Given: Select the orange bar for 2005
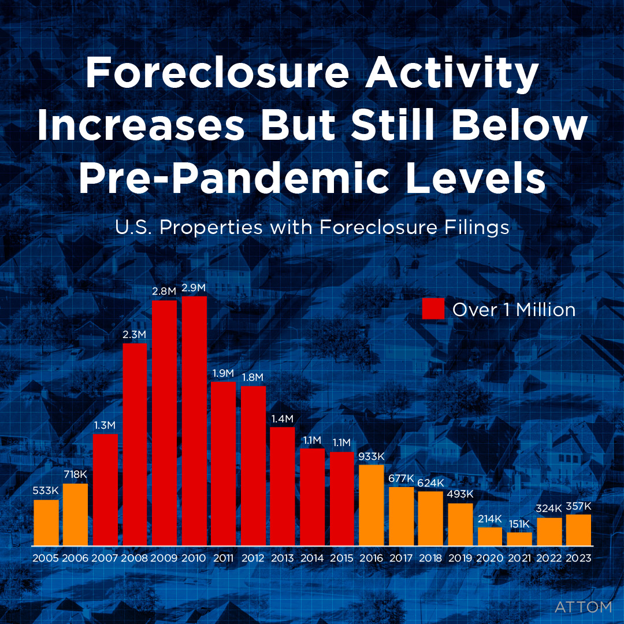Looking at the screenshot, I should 46,522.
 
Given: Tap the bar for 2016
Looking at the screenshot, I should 372,505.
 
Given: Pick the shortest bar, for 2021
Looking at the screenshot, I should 519,539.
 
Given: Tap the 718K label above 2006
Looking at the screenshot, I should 76,475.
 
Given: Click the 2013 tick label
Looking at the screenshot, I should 283,559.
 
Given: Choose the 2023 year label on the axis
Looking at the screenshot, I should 578,559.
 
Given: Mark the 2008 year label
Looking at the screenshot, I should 135,559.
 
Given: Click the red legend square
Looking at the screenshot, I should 433,309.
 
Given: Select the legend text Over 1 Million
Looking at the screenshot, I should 514,310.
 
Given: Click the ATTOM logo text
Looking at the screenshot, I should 582,607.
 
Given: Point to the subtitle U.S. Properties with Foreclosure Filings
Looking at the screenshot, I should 312,227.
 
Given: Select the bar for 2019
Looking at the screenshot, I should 460,524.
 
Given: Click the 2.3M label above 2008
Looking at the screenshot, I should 135,334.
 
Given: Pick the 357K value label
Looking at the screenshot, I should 578,506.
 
